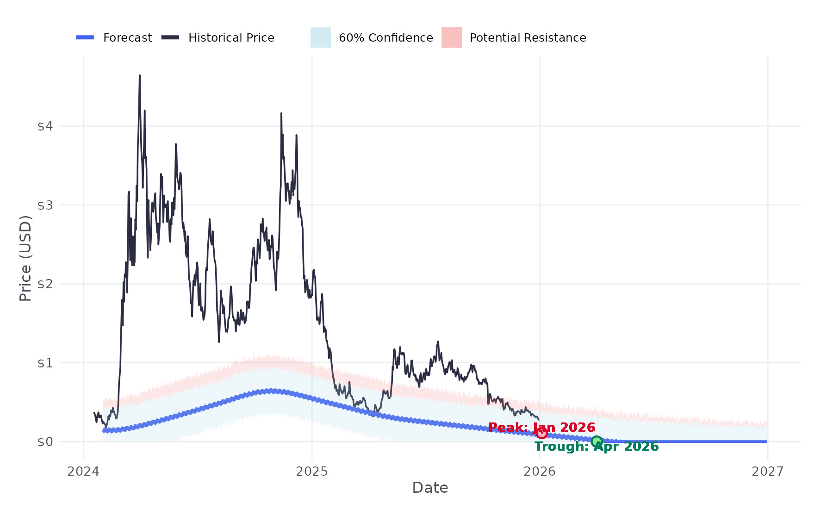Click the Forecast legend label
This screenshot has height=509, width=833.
click(127, 38)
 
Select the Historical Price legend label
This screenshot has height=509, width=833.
click(231, 38)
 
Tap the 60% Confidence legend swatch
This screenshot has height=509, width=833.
click(320, 37)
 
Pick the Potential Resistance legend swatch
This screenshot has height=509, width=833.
click(451, 37)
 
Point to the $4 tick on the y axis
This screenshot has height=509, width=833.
click(45, 126)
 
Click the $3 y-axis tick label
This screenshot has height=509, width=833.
click(45, 205)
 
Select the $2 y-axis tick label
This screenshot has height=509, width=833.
click(45, 284)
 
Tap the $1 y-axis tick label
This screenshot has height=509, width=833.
click(45, 363)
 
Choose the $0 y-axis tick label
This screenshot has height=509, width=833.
click(45, 442)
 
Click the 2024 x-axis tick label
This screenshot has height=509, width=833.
click(83, 472)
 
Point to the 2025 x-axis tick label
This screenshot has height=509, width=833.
click(311, 472)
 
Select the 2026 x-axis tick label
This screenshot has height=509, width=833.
click(540, 472)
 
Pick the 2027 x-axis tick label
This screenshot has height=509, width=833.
click(768, 472)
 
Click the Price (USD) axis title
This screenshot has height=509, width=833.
click(25, 258)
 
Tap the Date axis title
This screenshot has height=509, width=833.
click(430, 488)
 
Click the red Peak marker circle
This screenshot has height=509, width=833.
click(542, 433)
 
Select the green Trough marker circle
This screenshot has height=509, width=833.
click(597, 441)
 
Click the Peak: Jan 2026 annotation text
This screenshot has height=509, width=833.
click(541, 427)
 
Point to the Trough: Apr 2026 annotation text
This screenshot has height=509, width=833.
click(597, 447)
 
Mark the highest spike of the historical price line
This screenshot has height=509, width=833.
click(140, 75)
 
